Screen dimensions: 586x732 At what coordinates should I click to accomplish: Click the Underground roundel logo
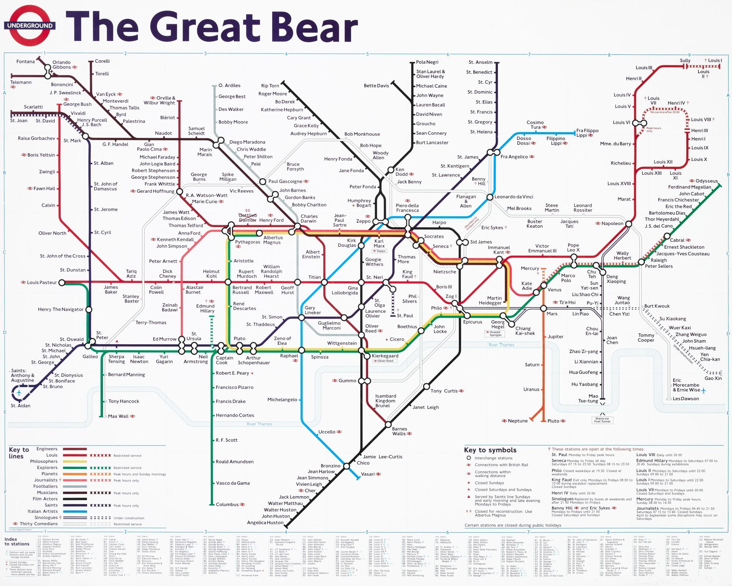pyautogui.click(x=30, y=26)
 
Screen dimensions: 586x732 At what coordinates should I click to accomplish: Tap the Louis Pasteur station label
pyautogui.click(x=42, y=282)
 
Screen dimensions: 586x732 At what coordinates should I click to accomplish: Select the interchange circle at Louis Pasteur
pyautogui.click(x=62, y=282)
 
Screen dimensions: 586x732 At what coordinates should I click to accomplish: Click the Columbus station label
pyautogui.click(x=227, y=504)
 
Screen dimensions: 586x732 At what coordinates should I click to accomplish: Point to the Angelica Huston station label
pyautogui.click(x=265, y=522)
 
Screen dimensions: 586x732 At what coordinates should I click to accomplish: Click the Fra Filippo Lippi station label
pyautogui.click(x=587, y=133)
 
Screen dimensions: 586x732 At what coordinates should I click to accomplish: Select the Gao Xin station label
pyautogui.click(x=713, y=378)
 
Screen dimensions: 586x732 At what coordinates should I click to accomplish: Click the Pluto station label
pyautogui.click(x=553, y=421)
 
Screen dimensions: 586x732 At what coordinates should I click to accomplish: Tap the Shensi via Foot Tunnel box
pyautogui.click(x=602, y=420)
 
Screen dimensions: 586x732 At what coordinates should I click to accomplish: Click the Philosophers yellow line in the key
pyautogui.click(x=75, y=461)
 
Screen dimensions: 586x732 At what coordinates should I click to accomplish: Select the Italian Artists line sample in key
pyautogui.click(x=75, y=511)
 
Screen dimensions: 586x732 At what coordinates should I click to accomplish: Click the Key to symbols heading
pyautogui.click(x=490, y=450)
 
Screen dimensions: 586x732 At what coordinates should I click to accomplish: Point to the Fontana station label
pyautogui.click(x=26, y=61)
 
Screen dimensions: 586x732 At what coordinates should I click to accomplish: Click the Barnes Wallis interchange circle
pyautogui.click(x=388, y=425)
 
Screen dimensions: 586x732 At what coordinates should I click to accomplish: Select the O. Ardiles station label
pyautogui.click(x=229, y=86)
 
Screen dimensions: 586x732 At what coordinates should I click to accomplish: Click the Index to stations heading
pyautogui.click(x=16, y=542)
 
